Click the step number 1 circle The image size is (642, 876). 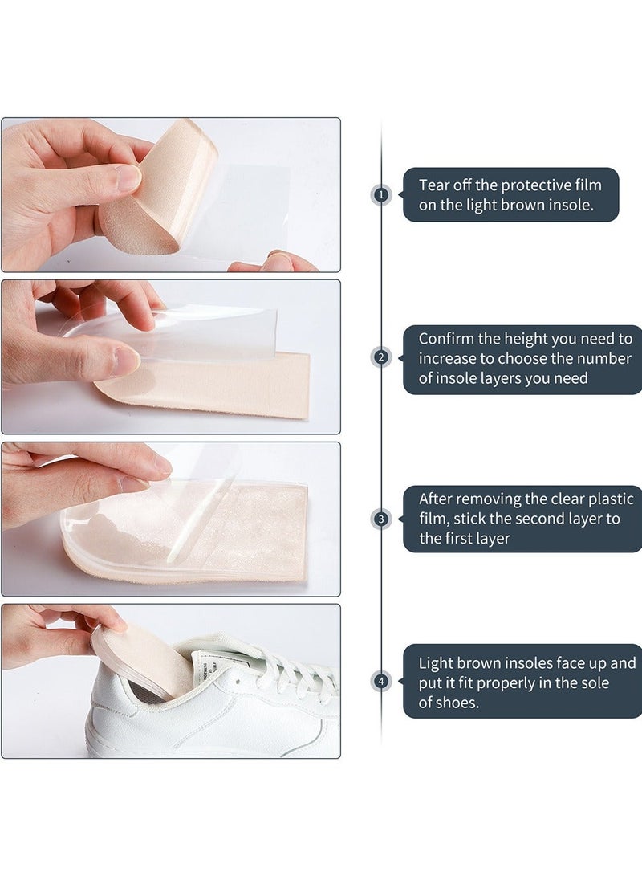pos(381,194)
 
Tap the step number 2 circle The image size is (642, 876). pos(381,358)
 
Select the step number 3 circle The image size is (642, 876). pos(381,519)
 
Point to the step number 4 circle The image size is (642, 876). pos(381,682)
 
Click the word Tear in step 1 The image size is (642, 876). pos(435,185)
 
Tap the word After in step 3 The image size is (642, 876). pos(437,499)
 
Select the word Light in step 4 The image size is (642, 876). pos(437,663)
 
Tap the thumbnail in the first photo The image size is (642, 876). pos(128,177)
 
